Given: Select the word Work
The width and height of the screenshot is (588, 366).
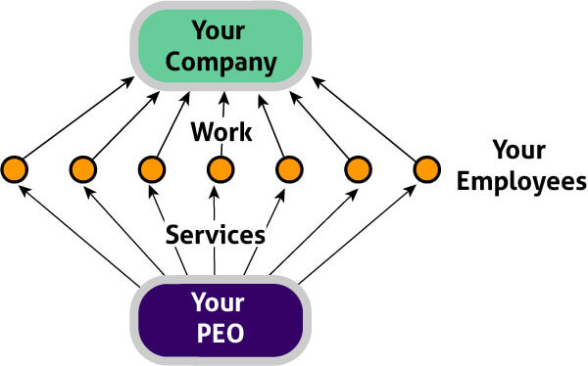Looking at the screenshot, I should click(220, 130).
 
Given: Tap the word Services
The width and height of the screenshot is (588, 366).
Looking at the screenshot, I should click(215, 235).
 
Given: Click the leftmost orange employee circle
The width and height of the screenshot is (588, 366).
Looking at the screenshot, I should click(14, 169).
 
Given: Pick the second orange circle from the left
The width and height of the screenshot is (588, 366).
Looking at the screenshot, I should click(82, 169).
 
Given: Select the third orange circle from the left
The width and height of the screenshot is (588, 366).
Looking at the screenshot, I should click(151, 169).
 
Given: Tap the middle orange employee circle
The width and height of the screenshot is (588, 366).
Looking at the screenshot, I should click(220, 169).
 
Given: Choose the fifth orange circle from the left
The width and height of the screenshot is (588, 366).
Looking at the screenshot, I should click(288, 169).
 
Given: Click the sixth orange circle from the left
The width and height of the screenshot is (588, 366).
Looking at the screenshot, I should click(357, 169).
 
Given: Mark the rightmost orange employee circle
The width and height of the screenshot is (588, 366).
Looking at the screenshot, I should click(425, 169).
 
